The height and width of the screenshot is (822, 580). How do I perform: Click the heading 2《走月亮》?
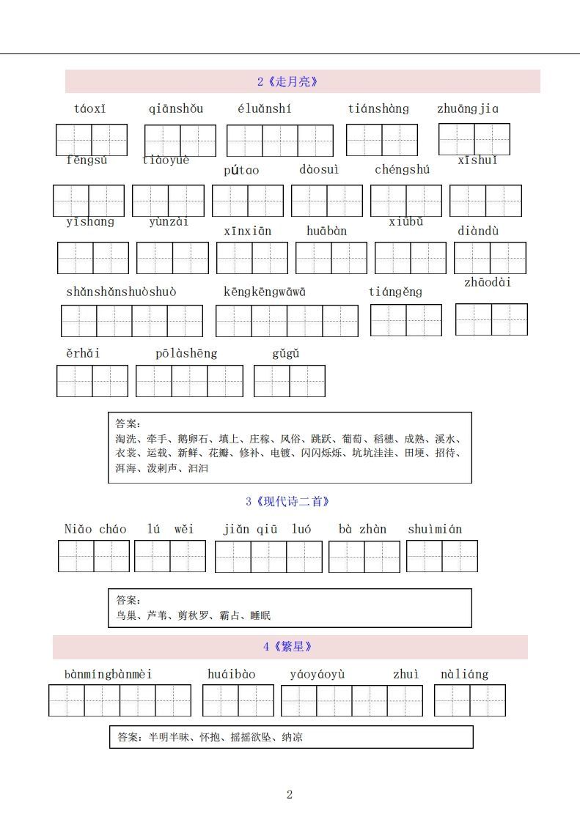pyautogui.click(x=287, y=82)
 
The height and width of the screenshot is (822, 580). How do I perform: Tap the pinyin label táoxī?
pyautogui.click(x=89, y=109)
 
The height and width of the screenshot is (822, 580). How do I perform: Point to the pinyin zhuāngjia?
pyautogui.click(x=467, y=109)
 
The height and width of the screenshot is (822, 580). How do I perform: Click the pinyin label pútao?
pyautogui.click(x=241, y=170)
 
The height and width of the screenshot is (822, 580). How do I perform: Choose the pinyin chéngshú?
pyautogui.click(x=402, y=170)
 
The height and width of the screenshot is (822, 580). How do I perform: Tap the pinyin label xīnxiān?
pyautogui.click(x=247, y=231)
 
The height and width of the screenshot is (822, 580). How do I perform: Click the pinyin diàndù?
pyautogui.click(x=478, y=231)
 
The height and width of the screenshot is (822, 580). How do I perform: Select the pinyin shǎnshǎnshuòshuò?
pyautogui.click(x=121, y=292)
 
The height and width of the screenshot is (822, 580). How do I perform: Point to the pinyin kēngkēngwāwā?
pyautogui.click(x=264, y=292)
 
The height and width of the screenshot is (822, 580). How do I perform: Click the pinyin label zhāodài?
pyautogui.click(x=488, y=283)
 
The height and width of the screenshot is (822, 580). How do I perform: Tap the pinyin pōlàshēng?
pyautogui.click(x=186, y=353)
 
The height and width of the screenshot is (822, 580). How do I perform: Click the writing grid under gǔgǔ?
pyautogui.click(x=290, y=381)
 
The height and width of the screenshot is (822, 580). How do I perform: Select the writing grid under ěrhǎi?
pyautogui.click(x=92, y=381)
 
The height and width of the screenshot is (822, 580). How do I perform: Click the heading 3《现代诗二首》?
pyautogui.click(x=287, y=502)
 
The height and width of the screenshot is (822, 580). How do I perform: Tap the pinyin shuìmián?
pyautogui.click(x=435, y=529)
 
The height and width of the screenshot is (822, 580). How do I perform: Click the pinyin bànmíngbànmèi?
pyautogui.click(x=108, y=674)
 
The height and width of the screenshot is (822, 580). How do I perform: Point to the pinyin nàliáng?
pyautogui.click(x=464, y=674)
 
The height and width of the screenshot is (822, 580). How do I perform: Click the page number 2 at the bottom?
pyautogui.click(x=290, y=795)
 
